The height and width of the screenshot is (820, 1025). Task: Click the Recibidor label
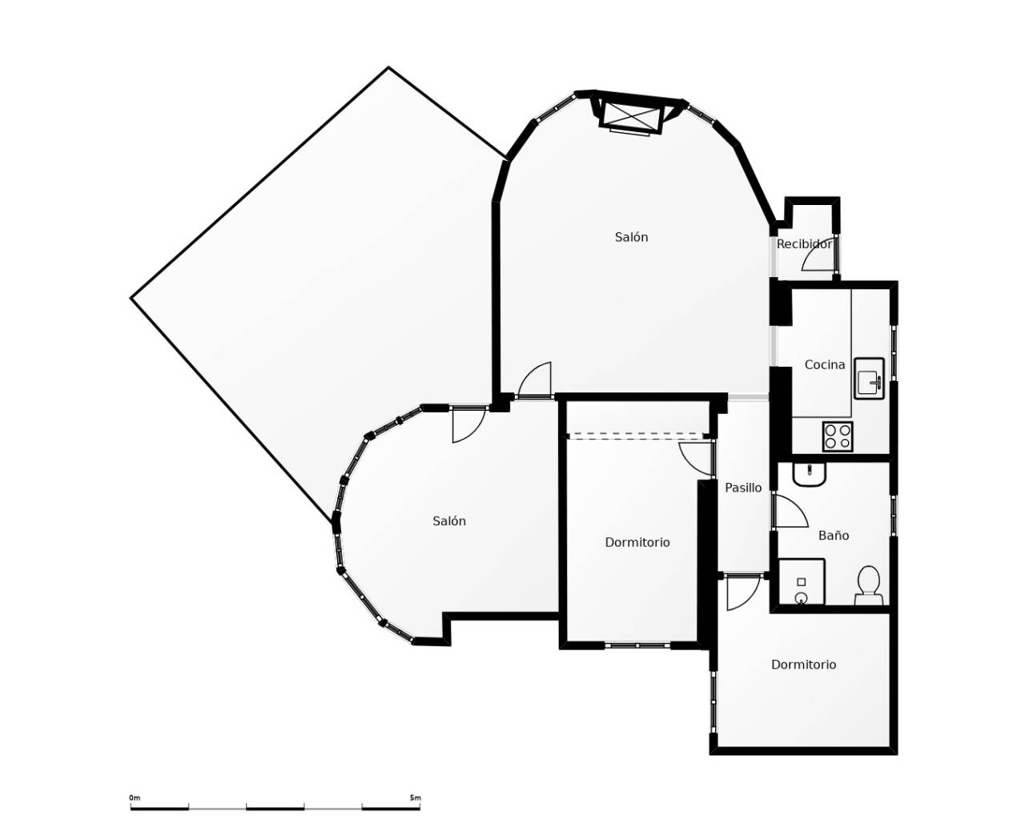coord(804,244)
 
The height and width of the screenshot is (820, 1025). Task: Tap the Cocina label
coord(824,365)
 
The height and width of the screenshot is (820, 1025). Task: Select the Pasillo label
coord(743,488)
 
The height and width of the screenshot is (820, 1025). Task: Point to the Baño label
coord(833,536)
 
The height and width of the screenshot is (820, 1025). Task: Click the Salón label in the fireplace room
coord(631,237)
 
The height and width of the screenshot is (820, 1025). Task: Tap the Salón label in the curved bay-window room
coord(448,521)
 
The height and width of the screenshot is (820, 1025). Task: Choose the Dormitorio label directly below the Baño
coord(803,665)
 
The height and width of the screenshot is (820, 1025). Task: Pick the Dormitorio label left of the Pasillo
coord(637,543)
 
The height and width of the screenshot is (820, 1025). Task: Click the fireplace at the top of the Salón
coord(631,115)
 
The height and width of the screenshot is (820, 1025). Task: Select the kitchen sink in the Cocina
coord(869,379)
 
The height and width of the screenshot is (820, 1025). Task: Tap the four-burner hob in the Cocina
coord(838,436)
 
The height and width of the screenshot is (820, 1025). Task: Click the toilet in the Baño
coord(868,585)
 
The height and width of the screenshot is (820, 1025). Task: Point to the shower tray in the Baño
coord(802,582)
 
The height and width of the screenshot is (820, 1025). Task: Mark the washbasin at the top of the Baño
coord(809,473)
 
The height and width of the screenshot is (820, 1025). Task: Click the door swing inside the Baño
coord(790,512)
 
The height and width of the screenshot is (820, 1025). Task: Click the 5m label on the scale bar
coord(415,798)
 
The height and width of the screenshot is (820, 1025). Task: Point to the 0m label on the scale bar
coord(135,798)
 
